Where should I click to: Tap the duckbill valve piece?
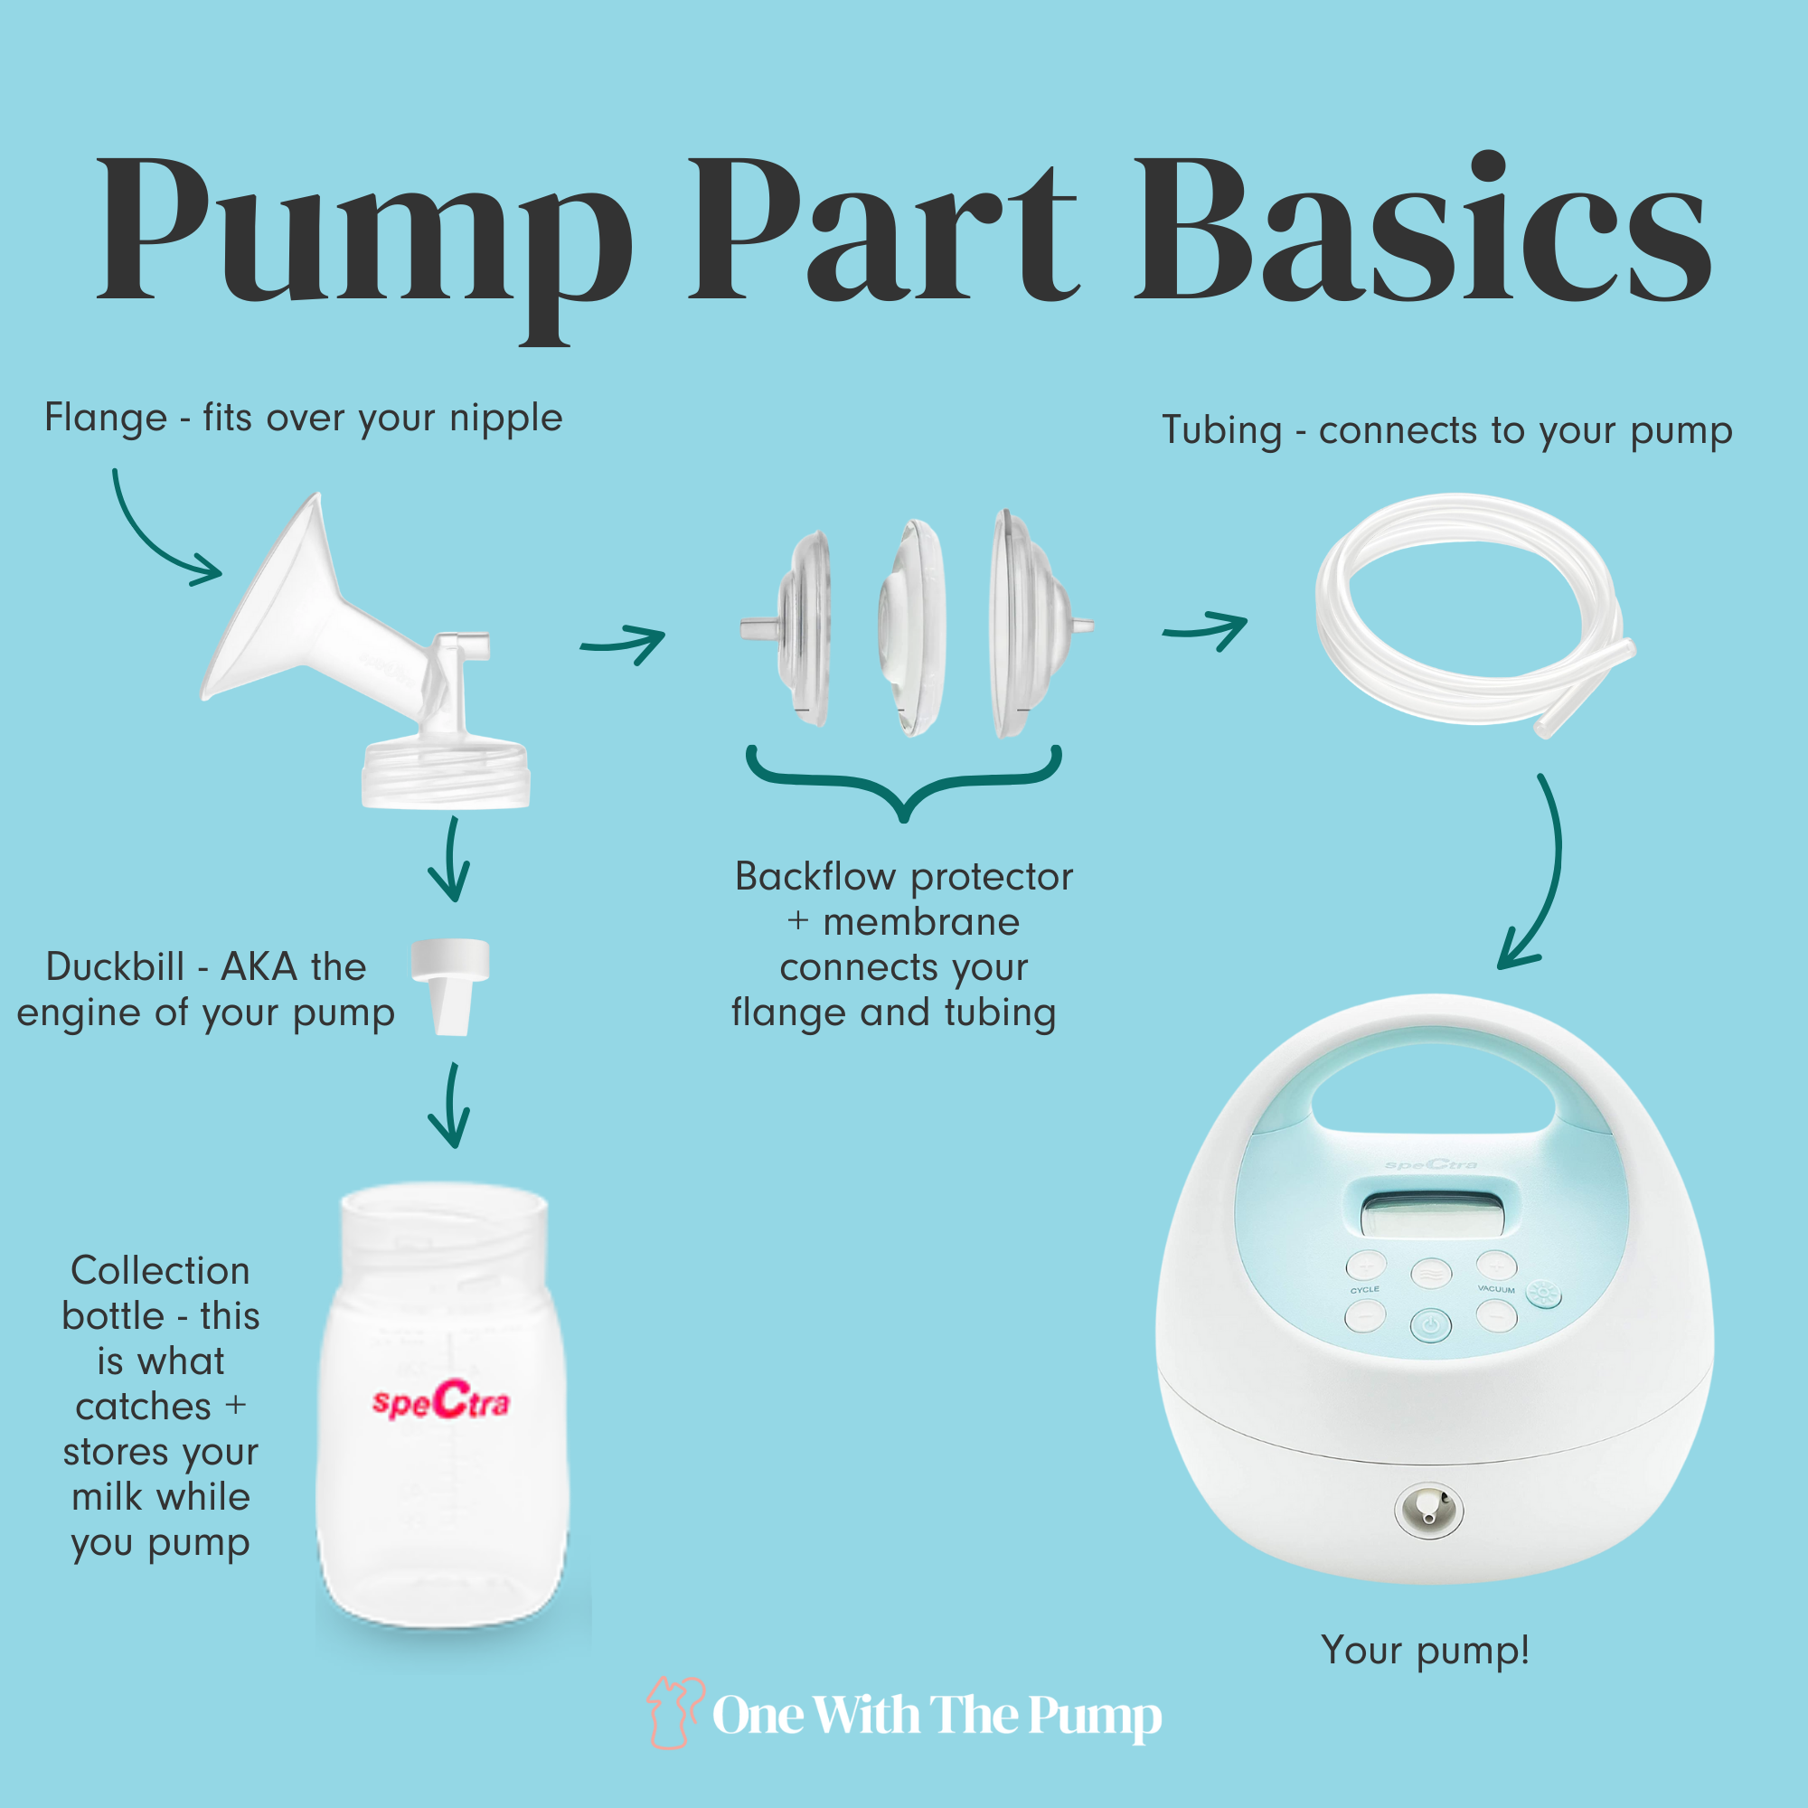point(451,986)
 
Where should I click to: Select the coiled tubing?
point(1474,613)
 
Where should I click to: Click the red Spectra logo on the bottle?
point(441,1401)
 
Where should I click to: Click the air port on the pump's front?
point(1428,1508)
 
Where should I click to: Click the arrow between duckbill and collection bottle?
point(451,1105)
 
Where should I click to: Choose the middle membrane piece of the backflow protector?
point(911,627)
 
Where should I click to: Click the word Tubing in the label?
point(1221,431)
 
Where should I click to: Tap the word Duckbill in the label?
point(115,966)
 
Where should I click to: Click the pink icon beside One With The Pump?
point(673,1713)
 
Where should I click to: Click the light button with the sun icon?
point(1543,1295)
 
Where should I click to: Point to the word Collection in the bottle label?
point(160,1271)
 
